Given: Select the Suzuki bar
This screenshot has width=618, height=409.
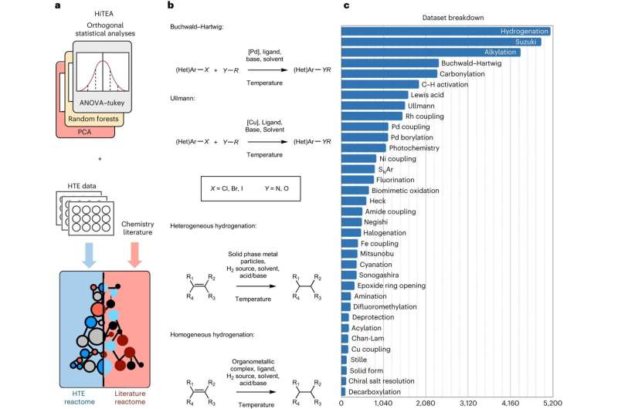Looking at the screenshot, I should point(441,42).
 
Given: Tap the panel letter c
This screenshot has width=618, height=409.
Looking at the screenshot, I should point(346,6).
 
